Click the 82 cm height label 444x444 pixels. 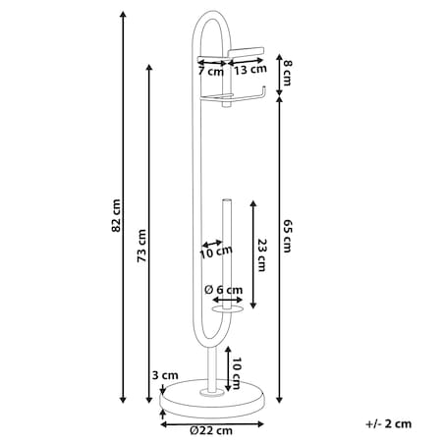pyautogui.click(x=116, y=215)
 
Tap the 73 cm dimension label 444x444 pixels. pyautogui.click(x=141, y=246)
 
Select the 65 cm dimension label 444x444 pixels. pyautogui.click(x=287, y=236)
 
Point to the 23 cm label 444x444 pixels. pyautogui.click(x=262, y=255)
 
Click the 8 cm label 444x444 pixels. pyautogui.click(x=287, y=73)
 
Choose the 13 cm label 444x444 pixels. pyautogui.click(x=250, y=69)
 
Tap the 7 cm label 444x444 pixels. pyautogui.click(x=211, y=71)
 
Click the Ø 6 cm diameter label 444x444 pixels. pyautogui.click(x=224, y=290)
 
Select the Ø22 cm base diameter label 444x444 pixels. pyautogui.click(x=211, y=430)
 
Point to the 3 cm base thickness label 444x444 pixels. pyautogui.click(x=165, y=375)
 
